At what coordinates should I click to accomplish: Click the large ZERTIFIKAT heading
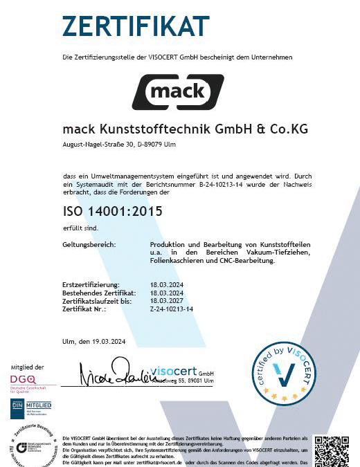(135, 26)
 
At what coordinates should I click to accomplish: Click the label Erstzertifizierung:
(91, 284)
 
